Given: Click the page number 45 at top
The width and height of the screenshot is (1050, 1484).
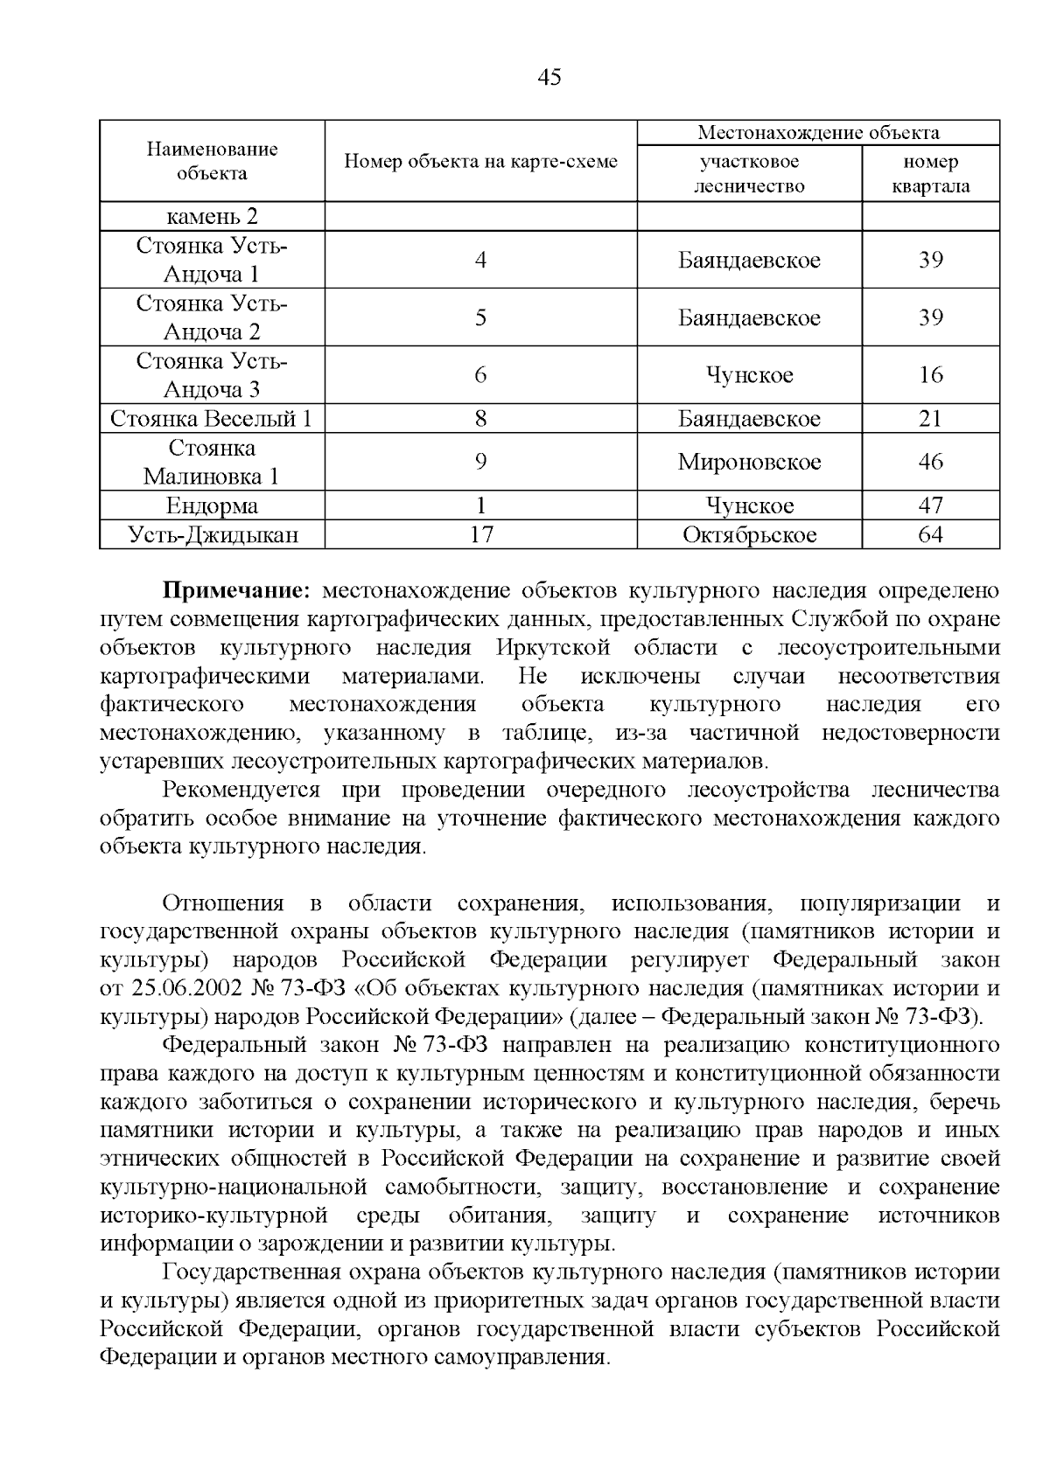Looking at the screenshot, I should point(549,78).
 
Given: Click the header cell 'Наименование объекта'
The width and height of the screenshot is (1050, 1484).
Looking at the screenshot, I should point(212,161).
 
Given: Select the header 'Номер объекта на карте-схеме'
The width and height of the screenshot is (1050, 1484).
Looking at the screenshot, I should point(480,161).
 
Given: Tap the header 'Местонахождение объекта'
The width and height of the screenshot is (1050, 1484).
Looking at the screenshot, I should point(818,133).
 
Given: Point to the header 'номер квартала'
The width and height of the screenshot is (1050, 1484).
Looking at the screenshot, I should point(930,173).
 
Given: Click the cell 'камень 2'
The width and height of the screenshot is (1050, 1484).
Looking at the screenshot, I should point(212,216).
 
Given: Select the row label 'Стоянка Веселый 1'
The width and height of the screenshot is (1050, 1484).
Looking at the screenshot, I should point(211,418).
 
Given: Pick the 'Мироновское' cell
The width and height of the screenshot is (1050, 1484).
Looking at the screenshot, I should point(749,462).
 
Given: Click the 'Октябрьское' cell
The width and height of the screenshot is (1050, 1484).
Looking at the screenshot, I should point(749,534).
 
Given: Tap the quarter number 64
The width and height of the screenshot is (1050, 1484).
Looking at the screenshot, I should point(930,534).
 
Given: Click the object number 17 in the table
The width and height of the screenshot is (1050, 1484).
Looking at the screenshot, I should point(480,534).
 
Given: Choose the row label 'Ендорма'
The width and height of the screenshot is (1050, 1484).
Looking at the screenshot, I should point(212,505).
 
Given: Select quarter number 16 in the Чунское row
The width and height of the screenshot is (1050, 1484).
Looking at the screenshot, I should point(930,375).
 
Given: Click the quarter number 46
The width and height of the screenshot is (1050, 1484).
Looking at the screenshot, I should point(930,462).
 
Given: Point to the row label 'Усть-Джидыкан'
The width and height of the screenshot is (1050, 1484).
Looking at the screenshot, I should point(212,534).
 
